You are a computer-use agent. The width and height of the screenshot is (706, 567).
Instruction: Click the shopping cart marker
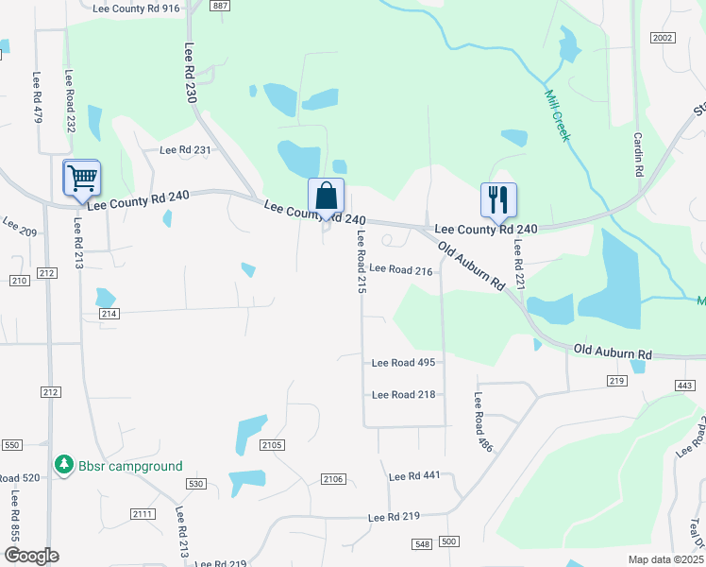[82, 177]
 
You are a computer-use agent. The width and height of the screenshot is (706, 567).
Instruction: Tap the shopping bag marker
[326, 197]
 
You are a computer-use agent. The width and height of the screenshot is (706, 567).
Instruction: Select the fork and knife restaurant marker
[498, 200]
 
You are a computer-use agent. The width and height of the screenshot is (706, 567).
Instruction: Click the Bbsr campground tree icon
[64, 465]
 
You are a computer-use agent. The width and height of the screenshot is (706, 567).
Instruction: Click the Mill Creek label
[557, 115]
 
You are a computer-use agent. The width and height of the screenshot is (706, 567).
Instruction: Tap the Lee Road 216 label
[400, 269]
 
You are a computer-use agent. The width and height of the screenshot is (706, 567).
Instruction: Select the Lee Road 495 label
[403, 362]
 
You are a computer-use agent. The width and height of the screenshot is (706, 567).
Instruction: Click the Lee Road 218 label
[403, 394]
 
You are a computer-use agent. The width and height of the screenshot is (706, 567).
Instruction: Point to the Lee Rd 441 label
[414, 475]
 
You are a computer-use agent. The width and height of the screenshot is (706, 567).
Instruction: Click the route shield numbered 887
[220, 6]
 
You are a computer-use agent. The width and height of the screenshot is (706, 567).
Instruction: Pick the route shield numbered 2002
[663, 37]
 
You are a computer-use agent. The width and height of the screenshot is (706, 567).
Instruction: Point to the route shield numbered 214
[108, 313]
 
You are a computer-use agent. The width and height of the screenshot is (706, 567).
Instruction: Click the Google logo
[32, 556]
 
